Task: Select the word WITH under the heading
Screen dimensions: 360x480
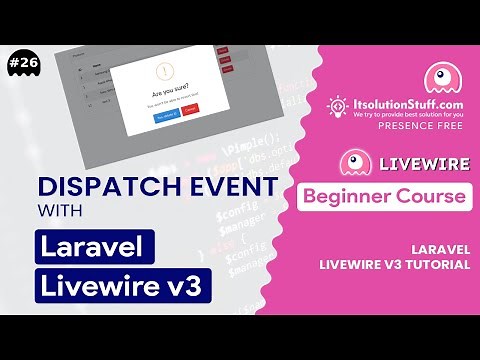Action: coord(62,212)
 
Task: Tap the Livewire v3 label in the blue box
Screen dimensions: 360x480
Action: coord(124,285)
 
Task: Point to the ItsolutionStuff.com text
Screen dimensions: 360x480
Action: coord(410,103)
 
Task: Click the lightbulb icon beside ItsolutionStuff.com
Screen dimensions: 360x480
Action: coord(337,107)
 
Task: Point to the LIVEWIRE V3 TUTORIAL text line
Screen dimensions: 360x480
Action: coord(397,264)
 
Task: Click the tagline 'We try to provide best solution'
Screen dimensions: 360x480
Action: coord(410,114)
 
